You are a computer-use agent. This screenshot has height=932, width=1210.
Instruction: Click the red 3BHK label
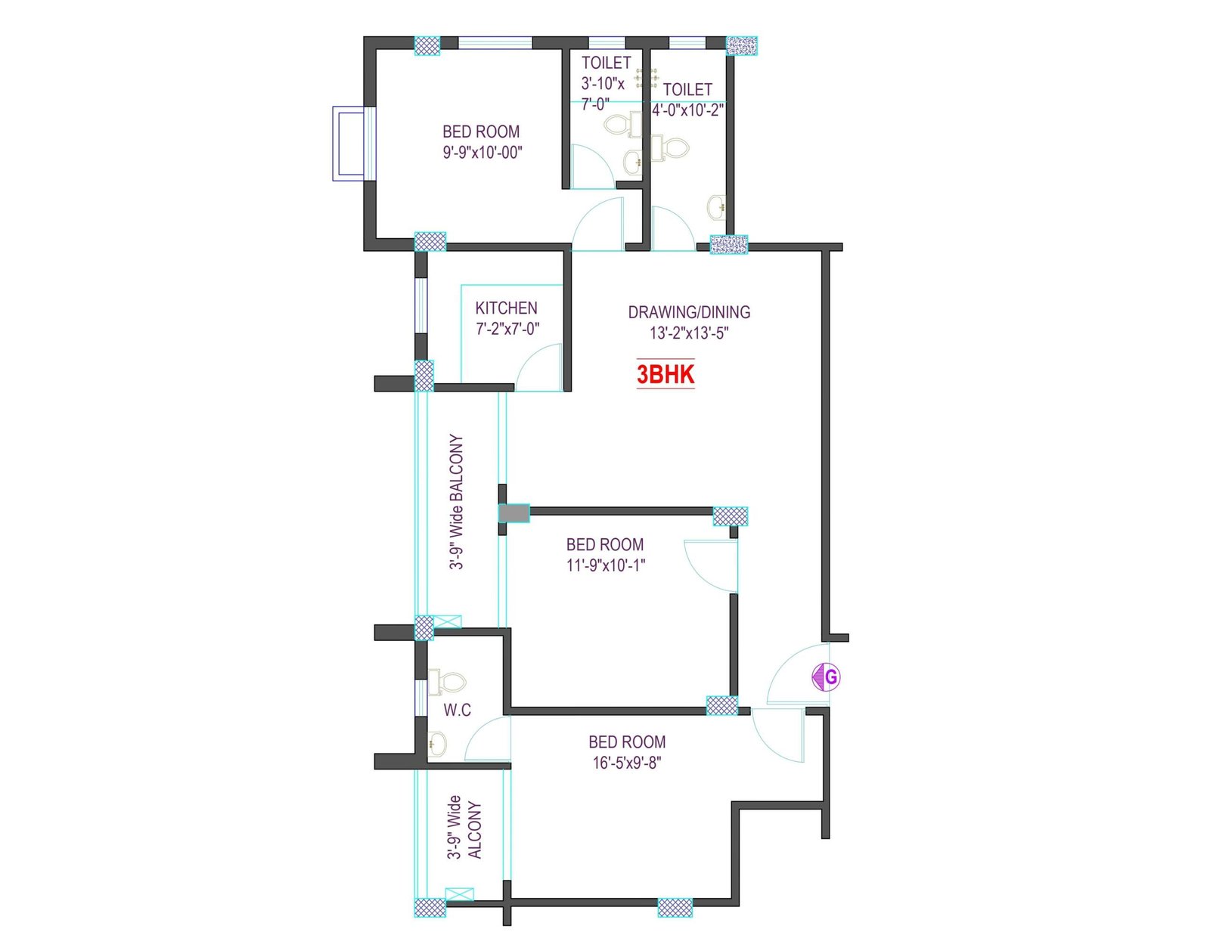[x=665, y=374]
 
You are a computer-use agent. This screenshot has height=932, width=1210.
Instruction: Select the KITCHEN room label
[x=506, y=308]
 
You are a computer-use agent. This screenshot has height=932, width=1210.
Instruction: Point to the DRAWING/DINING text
[x=689, y=312]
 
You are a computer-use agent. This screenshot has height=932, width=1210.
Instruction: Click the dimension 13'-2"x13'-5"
[x=689, y=333]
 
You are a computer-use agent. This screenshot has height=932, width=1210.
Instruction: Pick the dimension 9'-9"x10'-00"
[x=482, y=153]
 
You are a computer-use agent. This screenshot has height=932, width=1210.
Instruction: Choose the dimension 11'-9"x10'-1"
[x=605, y=565]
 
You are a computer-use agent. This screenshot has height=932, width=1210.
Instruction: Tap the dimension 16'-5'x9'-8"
[x=626, y=763]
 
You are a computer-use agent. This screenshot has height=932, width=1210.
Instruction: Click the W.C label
[x=457, y=711]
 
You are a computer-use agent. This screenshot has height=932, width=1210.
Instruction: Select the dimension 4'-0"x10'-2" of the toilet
[x=687, y=110]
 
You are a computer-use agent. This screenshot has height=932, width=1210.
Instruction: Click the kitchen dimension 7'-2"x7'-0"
[x=507, y=330]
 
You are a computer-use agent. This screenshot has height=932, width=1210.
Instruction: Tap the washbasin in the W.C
[x=437, y=745]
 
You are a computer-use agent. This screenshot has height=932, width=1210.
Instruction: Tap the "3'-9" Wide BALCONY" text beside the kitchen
[x=456, y=502]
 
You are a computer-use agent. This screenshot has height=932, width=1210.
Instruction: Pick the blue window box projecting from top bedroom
[x=352, y=144]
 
